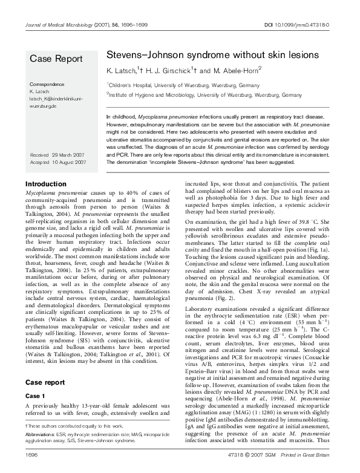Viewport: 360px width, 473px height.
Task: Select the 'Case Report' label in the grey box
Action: pos(53,59)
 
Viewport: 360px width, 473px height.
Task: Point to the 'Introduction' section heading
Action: pos(46,184)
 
